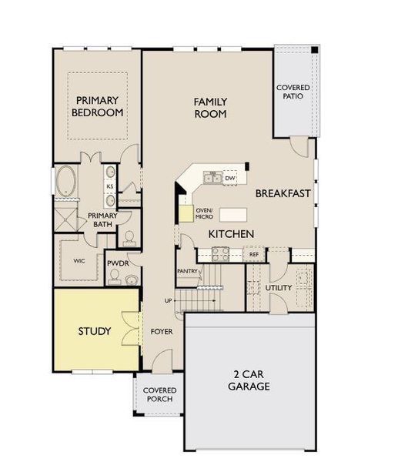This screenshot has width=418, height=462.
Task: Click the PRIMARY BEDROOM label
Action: pos(99,106)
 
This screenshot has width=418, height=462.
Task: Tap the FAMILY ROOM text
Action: pos(209,108)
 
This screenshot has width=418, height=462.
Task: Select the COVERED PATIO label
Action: pos(293,92)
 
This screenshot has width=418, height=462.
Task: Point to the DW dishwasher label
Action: pos(229,178)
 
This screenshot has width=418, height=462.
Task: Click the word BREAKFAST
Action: pos(283,193)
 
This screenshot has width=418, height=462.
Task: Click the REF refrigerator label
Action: pos(253,254)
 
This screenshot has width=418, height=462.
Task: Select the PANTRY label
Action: pos(188,271)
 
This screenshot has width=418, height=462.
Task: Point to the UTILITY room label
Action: pos(279,288)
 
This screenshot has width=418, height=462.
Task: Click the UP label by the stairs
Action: pos(168,300)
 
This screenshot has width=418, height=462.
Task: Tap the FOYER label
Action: pos(161,332)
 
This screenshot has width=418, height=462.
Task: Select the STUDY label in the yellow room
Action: pos(94,332)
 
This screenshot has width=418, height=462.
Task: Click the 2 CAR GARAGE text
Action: pos(249,380)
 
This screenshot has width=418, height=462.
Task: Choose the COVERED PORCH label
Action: pos(160,395)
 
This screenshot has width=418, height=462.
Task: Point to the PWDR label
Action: pos(118,263)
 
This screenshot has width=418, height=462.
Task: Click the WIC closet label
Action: pos(80,261)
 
